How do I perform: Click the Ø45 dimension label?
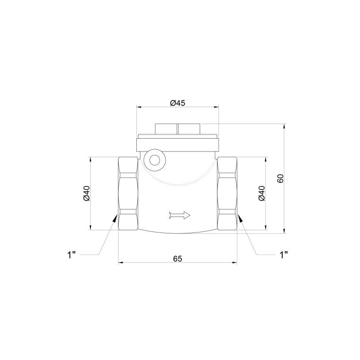coord(178,103)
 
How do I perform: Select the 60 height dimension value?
coord(281,178)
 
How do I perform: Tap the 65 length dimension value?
coord(178,259)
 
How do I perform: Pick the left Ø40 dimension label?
coord(87,194)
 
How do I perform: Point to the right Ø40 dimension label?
coord(262,194)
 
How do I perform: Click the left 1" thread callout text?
coord(71,255)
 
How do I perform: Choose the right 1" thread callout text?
coord(283,255)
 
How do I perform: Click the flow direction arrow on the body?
coord(179,215)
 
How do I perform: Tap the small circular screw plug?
coord(155,160)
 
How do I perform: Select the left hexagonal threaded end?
coord(128,194)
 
